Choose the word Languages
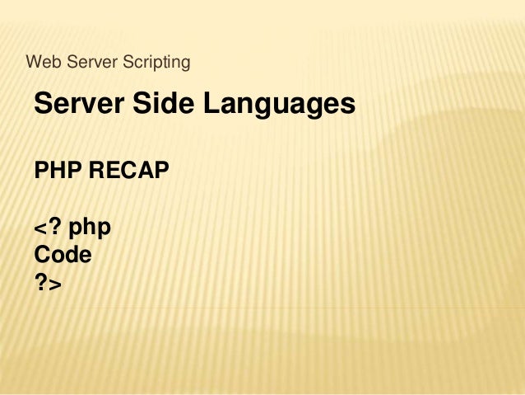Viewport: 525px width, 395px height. pos(279,106)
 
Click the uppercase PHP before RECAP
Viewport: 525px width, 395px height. pos(57,171)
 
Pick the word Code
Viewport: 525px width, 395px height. pos(63,255)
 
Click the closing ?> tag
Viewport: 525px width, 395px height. pos(48,283)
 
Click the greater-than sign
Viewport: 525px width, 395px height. pos(56,284)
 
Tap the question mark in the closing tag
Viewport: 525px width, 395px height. pos(41,283)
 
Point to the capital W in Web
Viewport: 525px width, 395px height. pos(34,62)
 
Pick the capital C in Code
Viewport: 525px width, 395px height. pos(43,255)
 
